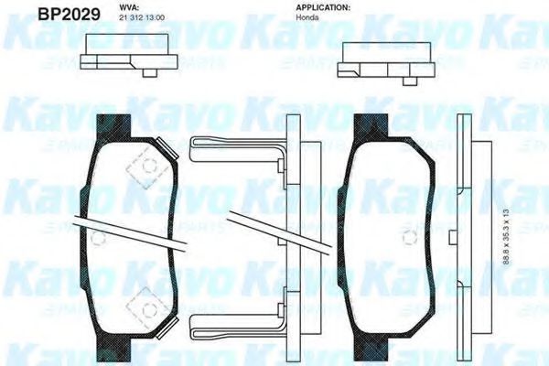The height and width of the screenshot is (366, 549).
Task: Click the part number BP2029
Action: [x=36, y=14]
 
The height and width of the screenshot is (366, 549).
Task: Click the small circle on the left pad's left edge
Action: [x=99, y=237]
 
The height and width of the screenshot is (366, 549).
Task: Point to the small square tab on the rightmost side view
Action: [x=453, y=237]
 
